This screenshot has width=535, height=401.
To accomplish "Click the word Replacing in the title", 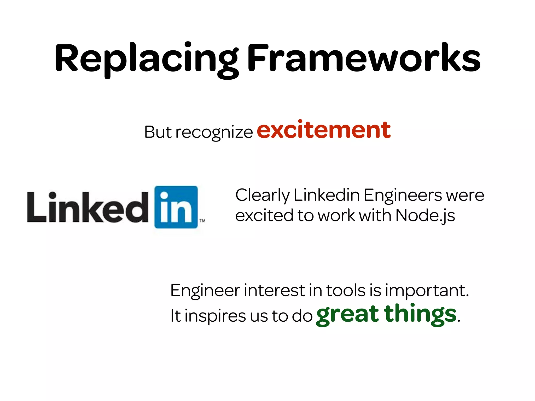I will pos(146,59).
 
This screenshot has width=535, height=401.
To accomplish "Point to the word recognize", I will pos(214,133).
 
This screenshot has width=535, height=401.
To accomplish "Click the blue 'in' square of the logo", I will pos(176,207).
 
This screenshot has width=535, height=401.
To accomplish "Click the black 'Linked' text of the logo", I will pos(88,208).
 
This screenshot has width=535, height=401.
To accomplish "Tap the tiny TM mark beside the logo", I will pos(202,221).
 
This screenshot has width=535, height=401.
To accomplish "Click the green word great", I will pos(347,315).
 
